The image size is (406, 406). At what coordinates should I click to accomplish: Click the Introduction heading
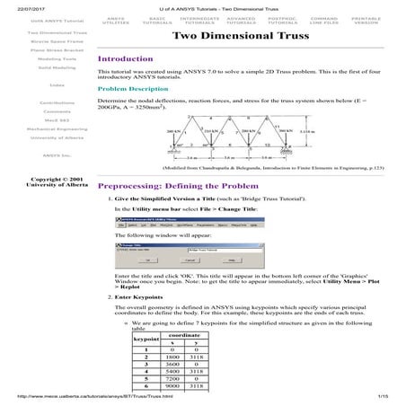coord(126,58)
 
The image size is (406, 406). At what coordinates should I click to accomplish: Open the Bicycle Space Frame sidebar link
coord(33,41)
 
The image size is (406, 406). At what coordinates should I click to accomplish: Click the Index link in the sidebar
coord(33,85)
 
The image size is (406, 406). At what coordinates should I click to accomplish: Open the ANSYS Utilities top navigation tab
coord(116,20)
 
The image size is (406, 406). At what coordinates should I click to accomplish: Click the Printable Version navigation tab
coord(365,20)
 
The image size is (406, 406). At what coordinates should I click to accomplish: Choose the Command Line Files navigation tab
coord(323,20)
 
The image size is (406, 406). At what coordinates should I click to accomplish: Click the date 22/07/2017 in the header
coord(18,4)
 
